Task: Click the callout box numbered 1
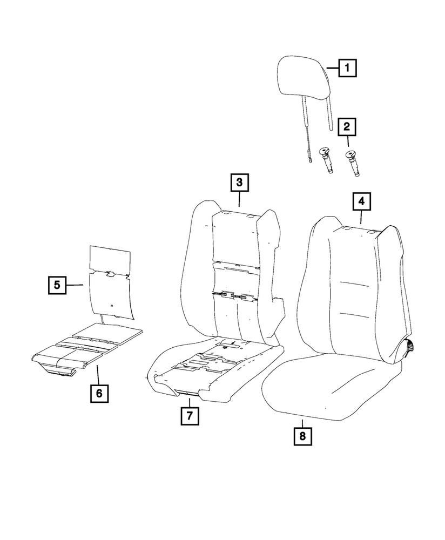tap(347, 69)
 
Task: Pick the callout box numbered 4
tap(361, 201)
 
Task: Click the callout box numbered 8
tap(302, 435)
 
